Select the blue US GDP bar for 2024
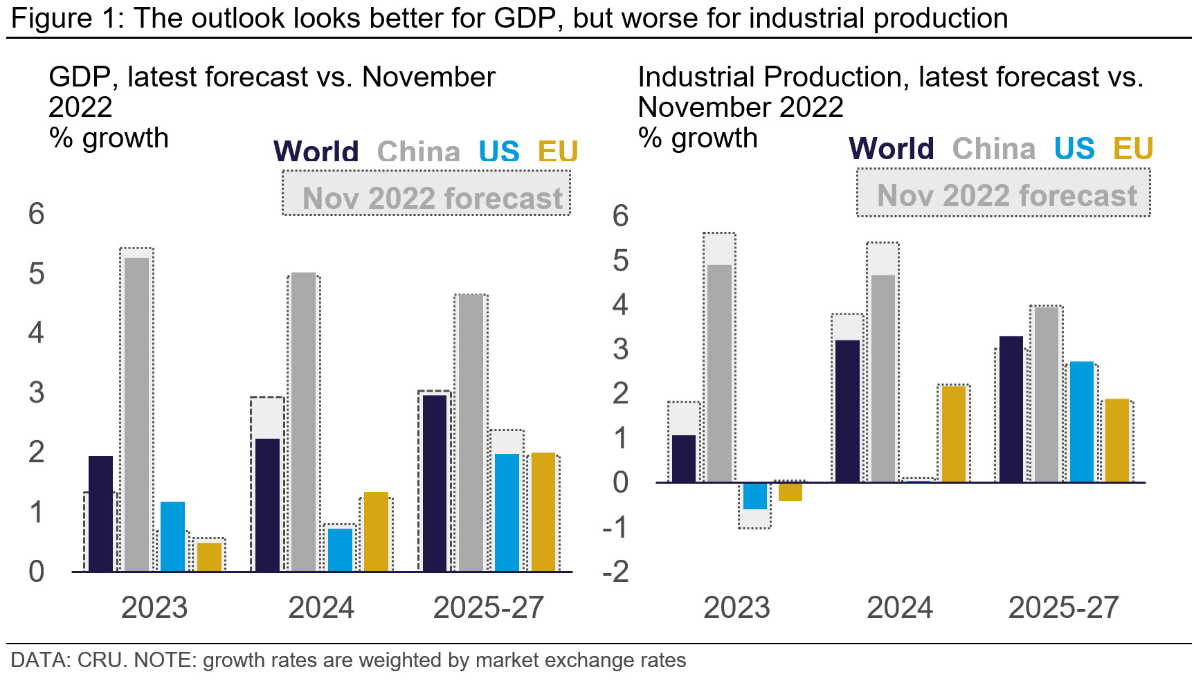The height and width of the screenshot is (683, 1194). pos(340,549)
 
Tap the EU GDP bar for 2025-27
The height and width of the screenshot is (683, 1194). pos(543,511)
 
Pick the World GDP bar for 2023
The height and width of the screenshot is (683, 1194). pos(101,513)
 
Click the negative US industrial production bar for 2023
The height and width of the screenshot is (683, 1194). pos(754,496)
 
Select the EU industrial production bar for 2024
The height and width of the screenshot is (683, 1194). pos(954,434)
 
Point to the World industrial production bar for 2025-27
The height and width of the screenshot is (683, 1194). pos(1011,409)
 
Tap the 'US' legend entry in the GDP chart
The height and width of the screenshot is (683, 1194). pos(498,152)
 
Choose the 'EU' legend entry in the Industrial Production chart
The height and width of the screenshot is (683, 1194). pos(1132,149)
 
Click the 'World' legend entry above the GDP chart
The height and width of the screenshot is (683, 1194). pos(316,152)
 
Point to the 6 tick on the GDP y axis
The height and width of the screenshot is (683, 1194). pos(37,214)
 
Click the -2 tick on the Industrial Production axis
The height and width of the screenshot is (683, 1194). pos(617,572)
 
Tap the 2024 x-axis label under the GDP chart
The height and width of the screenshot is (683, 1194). pos(321,608)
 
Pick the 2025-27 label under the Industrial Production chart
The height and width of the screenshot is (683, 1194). pos(1063,608)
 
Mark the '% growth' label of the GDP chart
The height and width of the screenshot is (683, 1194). pos(109,138)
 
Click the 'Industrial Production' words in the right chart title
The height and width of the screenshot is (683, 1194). pos(772,77)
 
